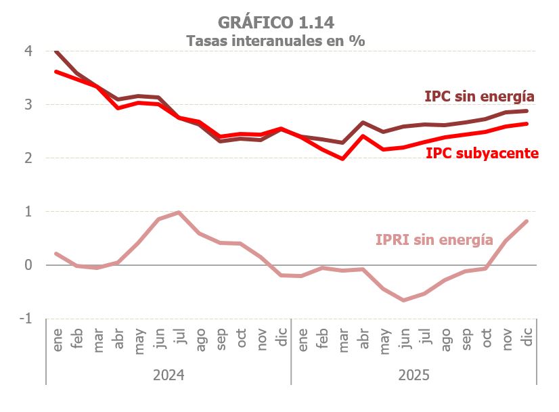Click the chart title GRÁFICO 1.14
(276, 22)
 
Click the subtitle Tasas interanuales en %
(276, 41)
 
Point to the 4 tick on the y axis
(28, 51)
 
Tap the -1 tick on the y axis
(27, 318)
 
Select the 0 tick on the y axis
(28, 265)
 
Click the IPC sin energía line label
(480, 96)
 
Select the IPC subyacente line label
(482, 154)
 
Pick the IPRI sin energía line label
(434, 239)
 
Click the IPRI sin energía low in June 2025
(405, 300)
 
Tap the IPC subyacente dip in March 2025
(343, 159)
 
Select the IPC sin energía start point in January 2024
(56, 51)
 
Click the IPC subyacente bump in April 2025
(363, 136)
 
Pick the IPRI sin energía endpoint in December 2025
(527, 221)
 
